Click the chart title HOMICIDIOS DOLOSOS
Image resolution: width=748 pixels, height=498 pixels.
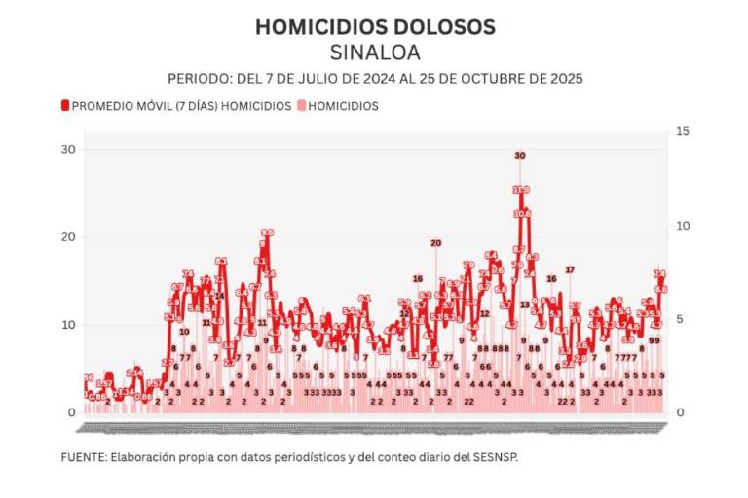[374, 27]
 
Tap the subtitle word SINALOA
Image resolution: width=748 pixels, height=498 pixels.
[375, 53]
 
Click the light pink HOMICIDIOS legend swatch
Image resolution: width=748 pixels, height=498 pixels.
[302, 106]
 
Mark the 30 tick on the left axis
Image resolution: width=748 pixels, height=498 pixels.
[69, 149]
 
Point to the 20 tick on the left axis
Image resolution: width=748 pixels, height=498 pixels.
[69, 236]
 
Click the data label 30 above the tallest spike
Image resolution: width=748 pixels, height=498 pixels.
[520, 156]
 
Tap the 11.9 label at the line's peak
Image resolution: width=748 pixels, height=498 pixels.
[521, 190]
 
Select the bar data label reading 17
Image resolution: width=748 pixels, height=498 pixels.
[571, 269]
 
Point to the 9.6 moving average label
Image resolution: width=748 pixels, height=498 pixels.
[267, 232]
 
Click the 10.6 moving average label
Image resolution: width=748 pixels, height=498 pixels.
[523, 213]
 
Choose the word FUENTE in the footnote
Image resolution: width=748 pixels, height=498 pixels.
[82, 455]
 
